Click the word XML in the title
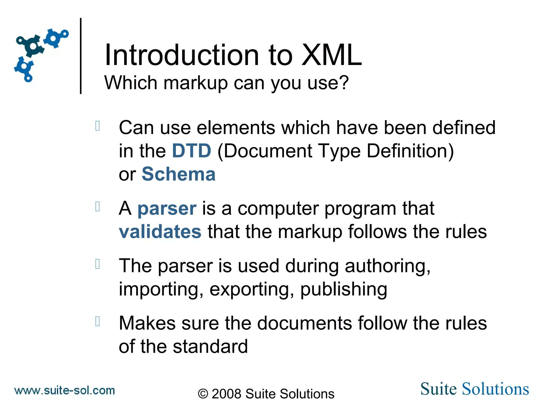(332, 55)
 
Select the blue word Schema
(179, 174)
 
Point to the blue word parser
(167, 209)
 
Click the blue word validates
(160, 232)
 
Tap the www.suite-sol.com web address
(65, 391)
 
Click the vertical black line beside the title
(81, 56)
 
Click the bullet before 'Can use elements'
(97, 126)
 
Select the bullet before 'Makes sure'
(97, 321)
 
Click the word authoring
(387, 266)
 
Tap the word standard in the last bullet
(210, 346)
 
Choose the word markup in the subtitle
(195, 83)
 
